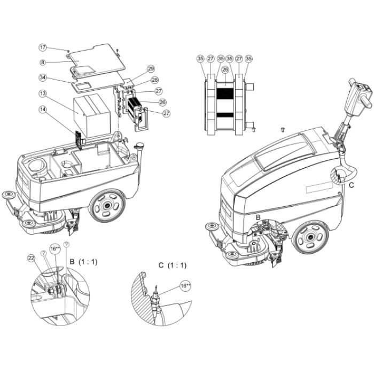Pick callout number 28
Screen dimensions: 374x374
(x=154, y=80)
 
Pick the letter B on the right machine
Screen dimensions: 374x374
(x=258, y=217)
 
